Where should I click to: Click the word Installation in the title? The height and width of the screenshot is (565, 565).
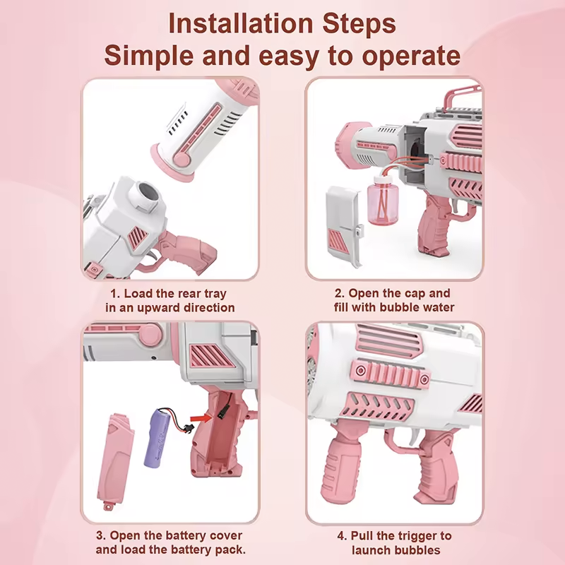click(x=241, y=24)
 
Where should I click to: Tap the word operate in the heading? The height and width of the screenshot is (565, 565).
click(x=411, y=56)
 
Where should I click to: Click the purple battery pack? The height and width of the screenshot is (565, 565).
click(x=158, y=438)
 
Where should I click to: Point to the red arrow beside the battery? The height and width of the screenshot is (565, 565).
click(x=201, y=418)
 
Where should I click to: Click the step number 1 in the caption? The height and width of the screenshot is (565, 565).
click(x=114, y=294)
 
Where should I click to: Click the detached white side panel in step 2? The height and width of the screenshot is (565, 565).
click(x=343, y=227)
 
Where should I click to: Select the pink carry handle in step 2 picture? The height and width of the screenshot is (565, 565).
click(x=462, y=95)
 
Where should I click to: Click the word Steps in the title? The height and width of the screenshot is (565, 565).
click(x=359, y=24)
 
